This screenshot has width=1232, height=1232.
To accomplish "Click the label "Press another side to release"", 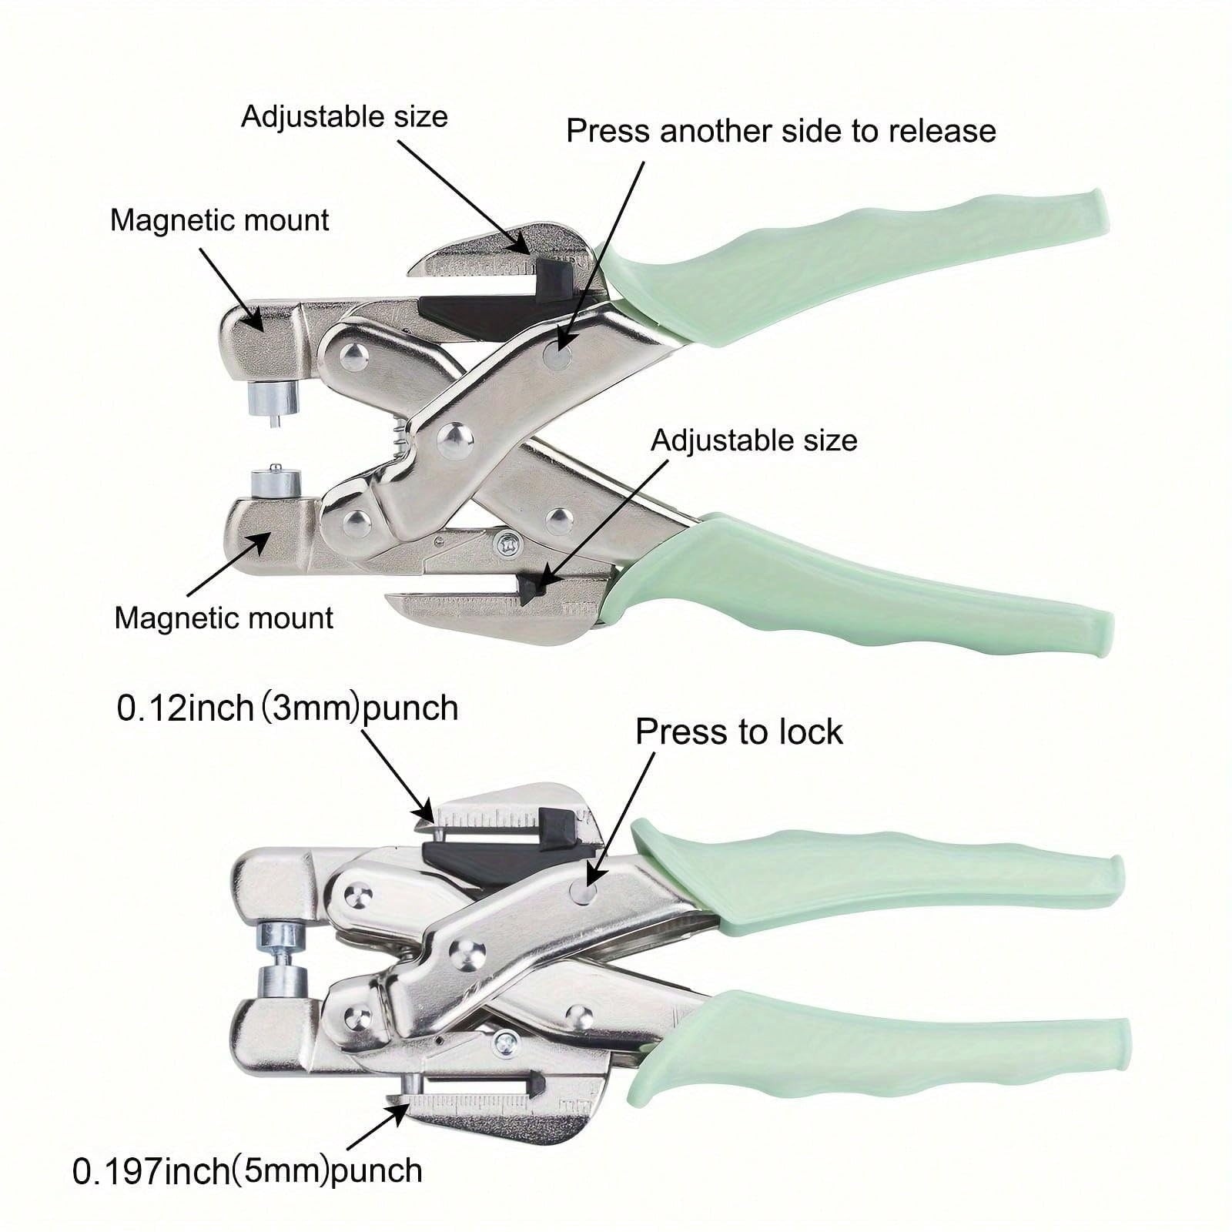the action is (x=781, y=131).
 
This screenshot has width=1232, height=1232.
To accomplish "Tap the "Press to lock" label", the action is (x=739, y=731).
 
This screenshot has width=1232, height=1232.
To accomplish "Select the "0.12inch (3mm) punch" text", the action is (x=287, y=708).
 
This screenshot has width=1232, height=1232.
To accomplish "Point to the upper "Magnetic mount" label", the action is (x=219, y=220).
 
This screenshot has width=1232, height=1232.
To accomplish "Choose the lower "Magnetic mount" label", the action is (x=223, y=618).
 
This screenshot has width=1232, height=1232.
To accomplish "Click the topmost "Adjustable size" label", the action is (x=344, y=116).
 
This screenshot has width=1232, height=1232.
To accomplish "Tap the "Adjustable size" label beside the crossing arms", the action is (x=754, y=440).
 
